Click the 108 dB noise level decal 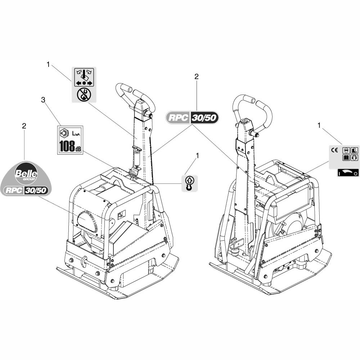[x=70, y=140]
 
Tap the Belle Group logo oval [x=26, y=173]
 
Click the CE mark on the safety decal [x=335, y=150]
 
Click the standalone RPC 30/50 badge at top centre [x=192, y=118]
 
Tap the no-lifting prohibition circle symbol [x=84, y=95]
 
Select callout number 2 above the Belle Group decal [x=24, y=126]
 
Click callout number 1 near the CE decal [x=319, y=125]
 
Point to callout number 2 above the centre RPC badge [x=196, y=76]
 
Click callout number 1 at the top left [x=48, y=64]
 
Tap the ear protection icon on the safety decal [x=354, y=158]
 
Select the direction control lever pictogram [x=84, y=77]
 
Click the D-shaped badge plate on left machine [x=87, y=221]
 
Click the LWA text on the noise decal [x=76, y=134]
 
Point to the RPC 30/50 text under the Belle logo [x=26, y=190]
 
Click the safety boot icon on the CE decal [x=354, y=150]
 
